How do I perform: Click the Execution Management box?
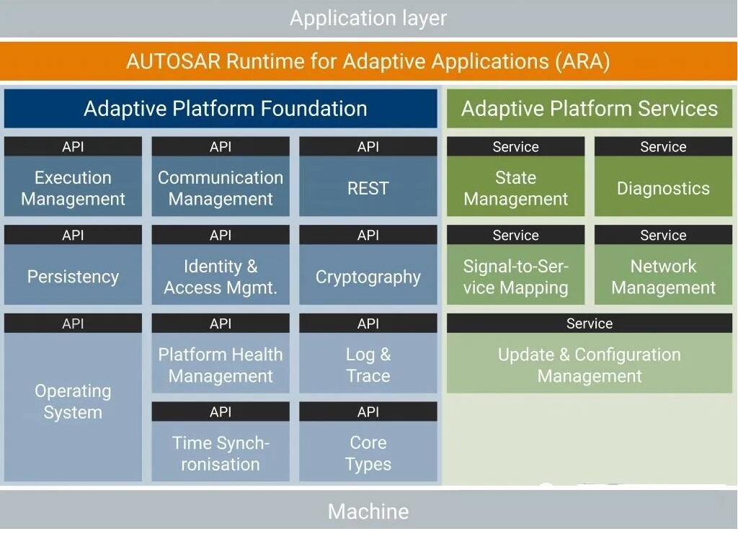73,177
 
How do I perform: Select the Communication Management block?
221,177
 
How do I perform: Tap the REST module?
368,177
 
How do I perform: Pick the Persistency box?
73,265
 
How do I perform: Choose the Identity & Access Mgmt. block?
221,265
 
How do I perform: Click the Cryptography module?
368,265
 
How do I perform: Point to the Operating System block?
73,398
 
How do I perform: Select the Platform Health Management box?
221,354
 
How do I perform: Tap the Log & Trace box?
368,354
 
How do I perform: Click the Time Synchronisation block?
221,442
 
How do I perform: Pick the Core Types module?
368,442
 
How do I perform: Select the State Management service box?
516,177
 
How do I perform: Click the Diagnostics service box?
663,177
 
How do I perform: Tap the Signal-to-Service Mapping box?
516,265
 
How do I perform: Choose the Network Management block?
663,265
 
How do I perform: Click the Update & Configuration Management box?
590,354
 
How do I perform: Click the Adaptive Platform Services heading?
590,108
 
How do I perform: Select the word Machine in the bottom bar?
368,512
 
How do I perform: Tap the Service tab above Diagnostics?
663,146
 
